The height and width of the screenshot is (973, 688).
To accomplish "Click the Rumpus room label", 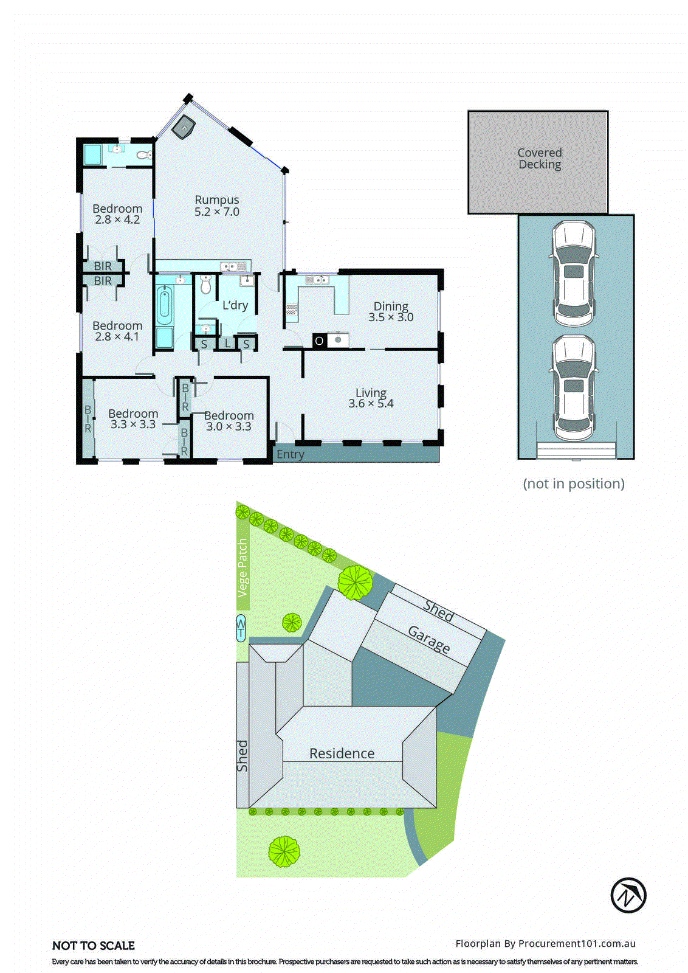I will pyautogui.click(x=216, y=200).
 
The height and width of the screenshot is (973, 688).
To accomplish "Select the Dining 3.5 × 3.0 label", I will pyautogui.click(x=390, y=311).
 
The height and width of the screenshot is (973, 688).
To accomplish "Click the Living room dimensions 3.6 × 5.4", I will pyautogui.click(x=371, y=403).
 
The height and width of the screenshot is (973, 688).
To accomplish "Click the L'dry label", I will pyautogui.click(x=235, y=305).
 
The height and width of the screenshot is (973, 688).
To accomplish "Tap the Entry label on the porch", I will pyautogui.click(x=290, y=454).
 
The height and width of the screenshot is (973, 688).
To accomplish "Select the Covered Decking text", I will pyautogui.click(x=539, y=159).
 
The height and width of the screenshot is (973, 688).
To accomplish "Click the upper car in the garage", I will pyautogui.click(x=574, y=274).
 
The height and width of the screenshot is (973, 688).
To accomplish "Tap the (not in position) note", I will pyautogui.click(x=573, y=483).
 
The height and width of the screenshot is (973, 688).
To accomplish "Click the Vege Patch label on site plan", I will pyautogui.click(x=243, y=567).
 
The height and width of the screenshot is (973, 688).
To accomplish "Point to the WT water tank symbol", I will pyautogui.click(x=241, y=628).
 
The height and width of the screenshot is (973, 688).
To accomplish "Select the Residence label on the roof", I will pyautogui.click(x=342, y=753).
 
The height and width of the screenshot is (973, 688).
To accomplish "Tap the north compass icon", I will pyautogui.click(x=628, y=895).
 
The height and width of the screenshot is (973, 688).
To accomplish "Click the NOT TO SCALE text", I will pyautogui.click(x=94, y=946).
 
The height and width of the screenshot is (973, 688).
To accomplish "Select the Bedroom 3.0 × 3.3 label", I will pyautogui.click(x=229, y=421).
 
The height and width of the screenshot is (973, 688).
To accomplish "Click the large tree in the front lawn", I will pyautogui.click(x=284, y=851).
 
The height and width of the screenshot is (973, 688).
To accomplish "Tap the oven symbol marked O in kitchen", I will pyautogui.click(x=319, y=341).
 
